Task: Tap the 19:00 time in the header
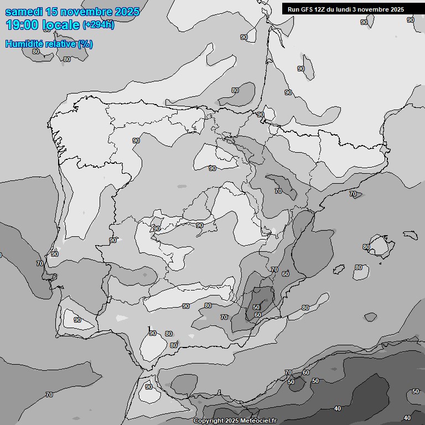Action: coord(22,25)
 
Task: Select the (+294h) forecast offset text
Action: coord(99,25)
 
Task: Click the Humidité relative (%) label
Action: coord(49,44)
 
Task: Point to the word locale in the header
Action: coord(61,25)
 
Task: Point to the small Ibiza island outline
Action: coord(370,317)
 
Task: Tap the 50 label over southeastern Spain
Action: coord(256,307)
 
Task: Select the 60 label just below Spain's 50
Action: coord(257,315)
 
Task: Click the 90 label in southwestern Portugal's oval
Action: coord(77,320)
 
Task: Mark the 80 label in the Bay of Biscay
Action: coord(235,90)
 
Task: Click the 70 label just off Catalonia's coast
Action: coord(353,194)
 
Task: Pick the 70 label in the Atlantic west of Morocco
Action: coord(49,395)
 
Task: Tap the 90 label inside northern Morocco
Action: coord(148,387)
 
